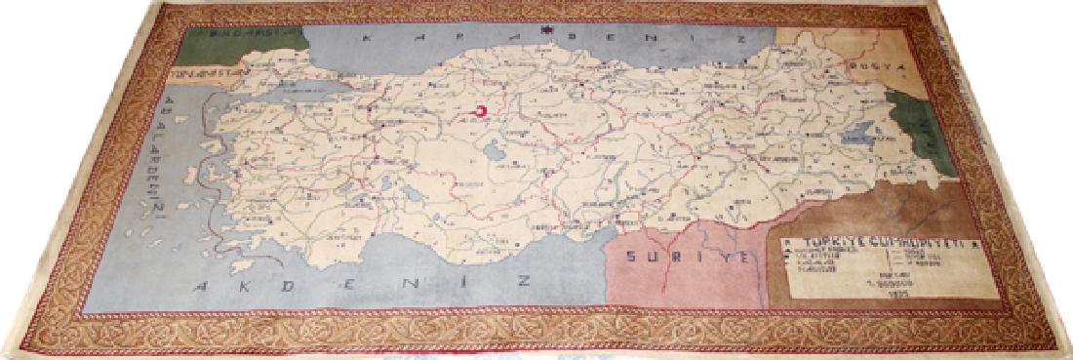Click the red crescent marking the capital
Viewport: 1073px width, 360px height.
pyautogui.click(x=481, y=113)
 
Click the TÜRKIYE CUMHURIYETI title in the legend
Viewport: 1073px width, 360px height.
pyautogui.click(x=848, y=242)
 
